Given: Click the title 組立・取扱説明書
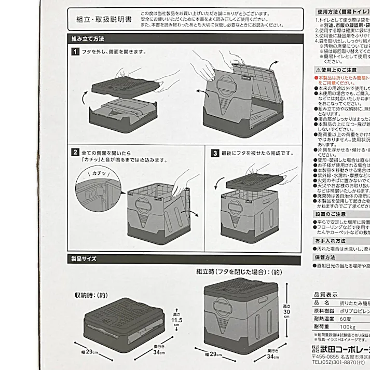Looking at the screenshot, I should (x=104, y=19).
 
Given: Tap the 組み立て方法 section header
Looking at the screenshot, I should (x=88, y=39).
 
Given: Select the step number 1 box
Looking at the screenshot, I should (x=75, y=52).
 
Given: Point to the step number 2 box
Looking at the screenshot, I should (x=75, y=153).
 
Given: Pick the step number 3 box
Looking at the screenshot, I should (x=214, y=154).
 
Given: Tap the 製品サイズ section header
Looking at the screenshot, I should (x=84, y=258).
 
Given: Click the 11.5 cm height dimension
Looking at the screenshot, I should (x=177, y=320).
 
